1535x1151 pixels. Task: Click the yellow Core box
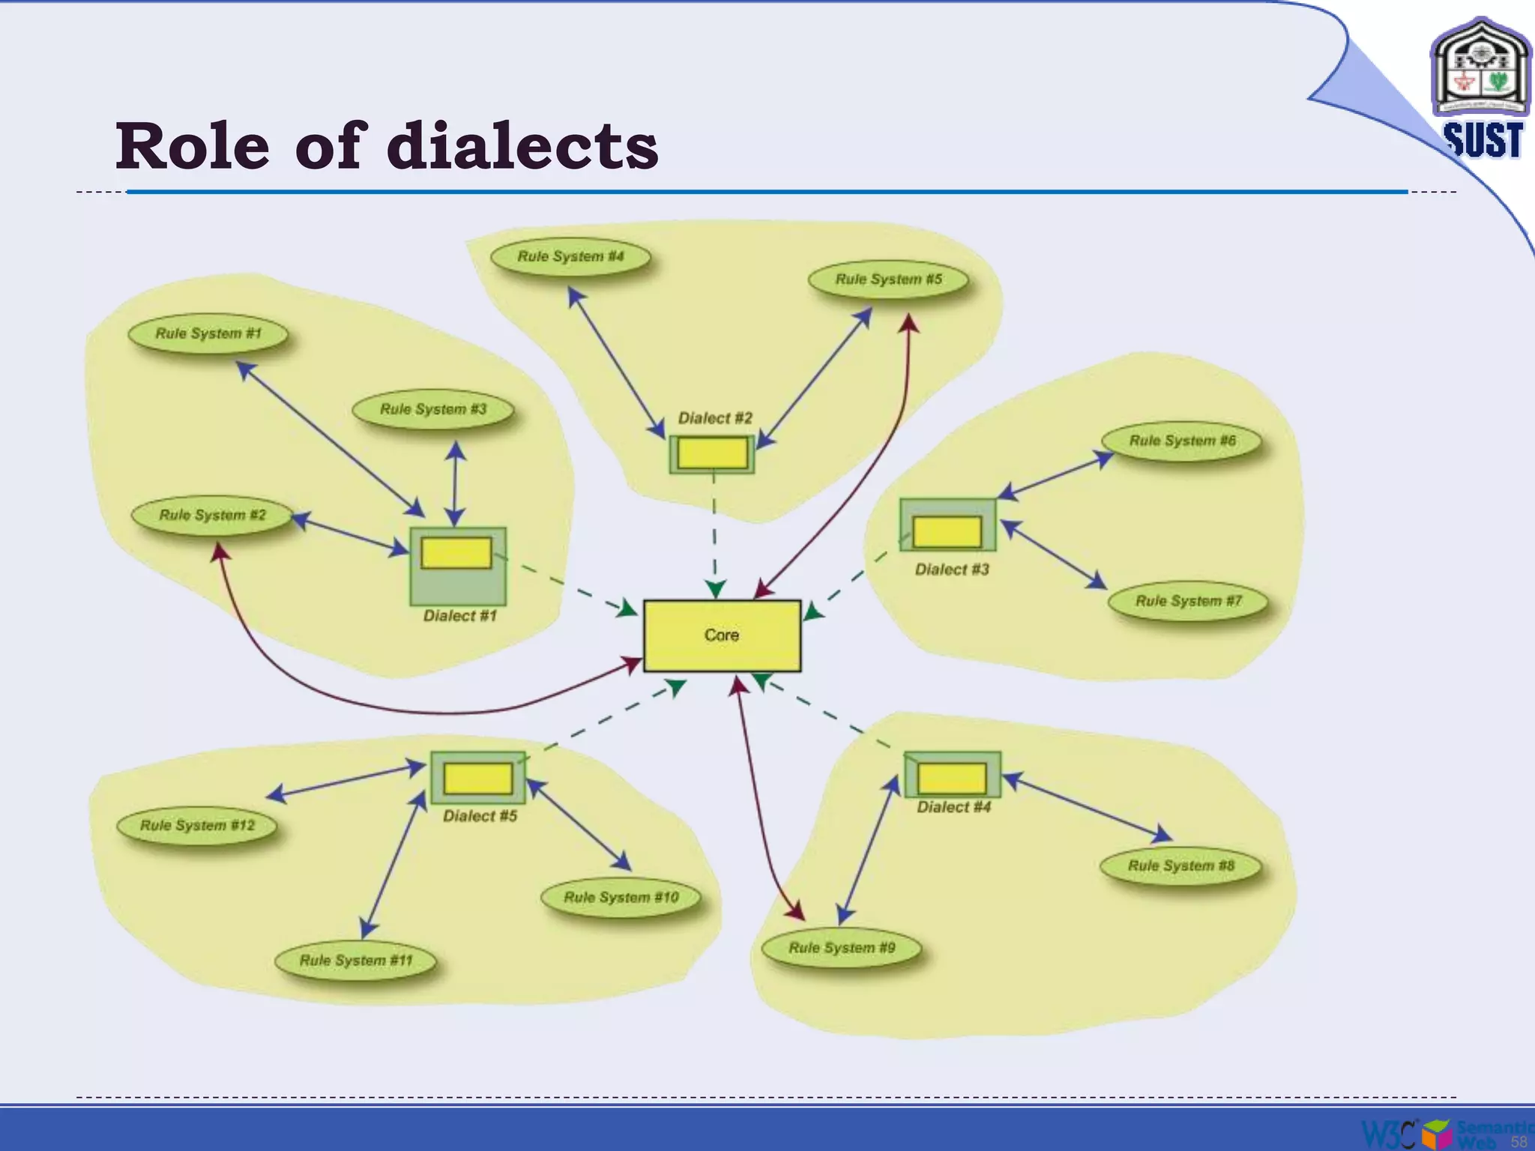pyautogui.click(x=722, y=635)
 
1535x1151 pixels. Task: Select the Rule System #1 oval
pyautogui.click(x=208, y=333)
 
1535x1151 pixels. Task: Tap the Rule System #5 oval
pyautogui.click(x=888, y=280)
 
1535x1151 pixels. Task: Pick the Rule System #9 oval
pyautogui.click(x=841, y=948)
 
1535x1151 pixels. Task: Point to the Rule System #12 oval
pyautogui.click(x=197, y=826)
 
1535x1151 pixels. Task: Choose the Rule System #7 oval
pyautogui.click(x=1188, y=601)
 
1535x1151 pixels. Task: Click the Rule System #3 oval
pyautogui.click(x=433, y=409)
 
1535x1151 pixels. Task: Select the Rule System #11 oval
pyautogui.click(x=356, y=961)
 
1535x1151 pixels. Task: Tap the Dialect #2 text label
pyautogui.click(x=715, y=418)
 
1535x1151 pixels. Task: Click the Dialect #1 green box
pyautogui.click(x=457, y=566)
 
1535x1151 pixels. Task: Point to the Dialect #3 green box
pyautogui.click(x=947, y=525)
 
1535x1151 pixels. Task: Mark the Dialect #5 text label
pyautogui.click(x=480, y=816)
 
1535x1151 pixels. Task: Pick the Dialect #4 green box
pyautogui.click(x=952, y=775)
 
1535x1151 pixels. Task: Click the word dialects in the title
pyautogui.click(x=522, y=146)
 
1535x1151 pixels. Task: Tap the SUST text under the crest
pyautogui.click(x=1483, y=140)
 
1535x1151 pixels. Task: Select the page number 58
pyautogui.click(x=1519, y=1141)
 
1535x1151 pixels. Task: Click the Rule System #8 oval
pyautogui.click(x=1180, y=866)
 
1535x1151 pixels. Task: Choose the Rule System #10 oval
pyautogui.click(x=621, y=898)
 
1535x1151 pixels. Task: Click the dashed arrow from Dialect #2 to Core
pyautogui.click(x=714, y=532)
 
